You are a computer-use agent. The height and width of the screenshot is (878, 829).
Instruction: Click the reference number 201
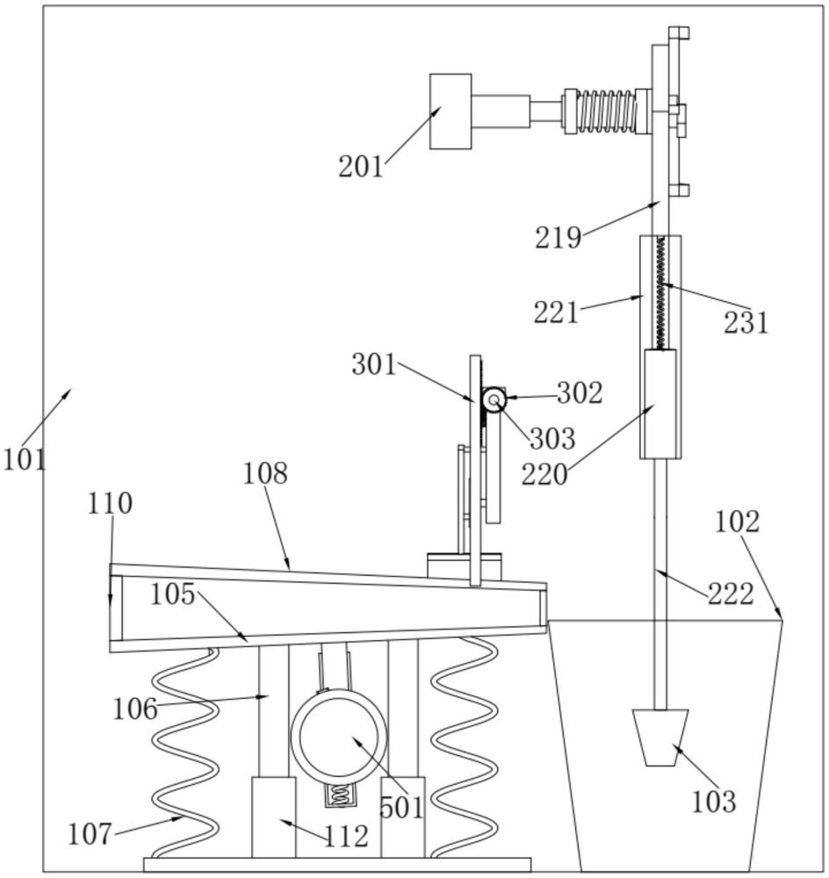(x=361, y=167)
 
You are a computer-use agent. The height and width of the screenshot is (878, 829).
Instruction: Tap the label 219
(x=558, y=238)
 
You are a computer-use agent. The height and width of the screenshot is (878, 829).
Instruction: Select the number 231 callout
(x=746, y=322)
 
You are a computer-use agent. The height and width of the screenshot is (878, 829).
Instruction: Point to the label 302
(x=580, y=393)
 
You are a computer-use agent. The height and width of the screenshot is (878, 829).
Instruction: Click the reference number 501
(x=401, y=808)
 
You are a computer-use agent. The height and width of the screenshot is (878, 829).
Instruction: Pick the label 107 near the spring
(x=90, y=834)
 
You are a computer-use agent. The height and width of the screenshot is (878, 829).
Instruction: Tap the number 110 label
(x=110, y=503)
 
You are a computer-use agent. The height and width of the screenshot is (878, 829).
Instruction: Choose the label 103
(x=714, y=802)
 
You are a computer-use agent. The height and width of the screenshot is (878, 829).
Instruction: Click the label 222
(x=731, y=594)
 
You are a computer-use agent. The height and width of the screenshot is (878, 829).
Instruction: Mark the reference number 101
(x=25, y=460)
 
